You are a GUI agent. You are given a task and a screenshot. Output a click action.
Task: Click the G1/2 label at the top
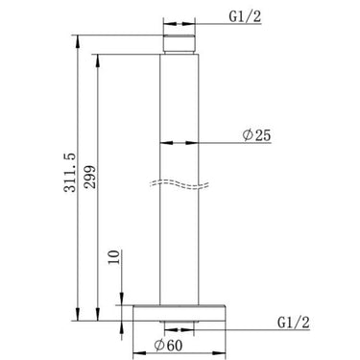pos(244,16)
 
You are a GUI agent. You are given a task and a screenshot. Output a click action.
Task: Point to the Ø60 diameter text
pos(176,345)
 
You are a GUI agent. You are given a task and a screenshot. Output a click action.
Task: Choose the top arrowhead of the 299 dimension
pos(98,56)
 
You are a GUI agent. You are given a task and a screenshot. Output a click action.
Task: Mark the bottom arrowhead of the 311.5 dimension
pos(77,316)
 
